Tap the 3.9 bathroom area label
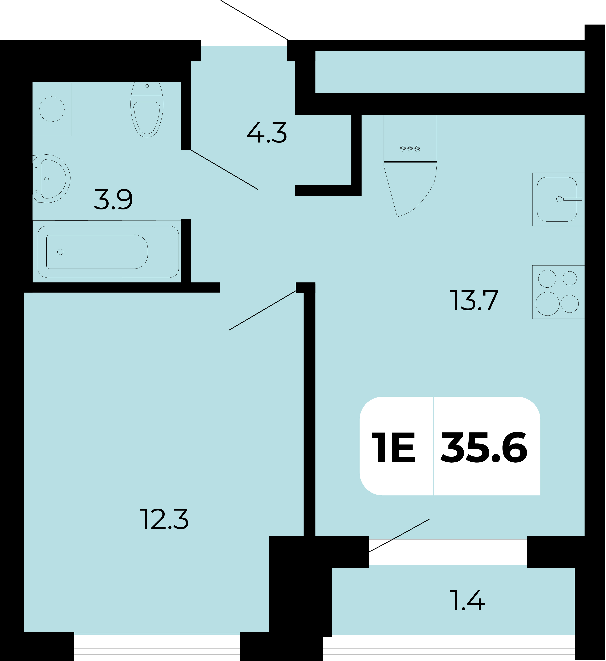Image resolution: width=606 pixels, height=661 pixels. (113, 199)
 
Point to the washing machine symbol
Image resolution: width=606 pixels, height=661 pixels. (52, 109)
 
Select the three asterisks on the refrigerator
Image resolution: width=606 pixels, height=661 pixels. (410, 149)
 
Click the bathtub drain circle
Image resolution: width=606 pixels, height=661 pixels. (60, 252)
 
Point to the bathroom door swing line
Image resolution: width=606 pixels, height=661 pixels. (224, 169)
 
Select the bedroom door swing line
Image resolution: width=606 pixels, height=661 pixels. (262, 310)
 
